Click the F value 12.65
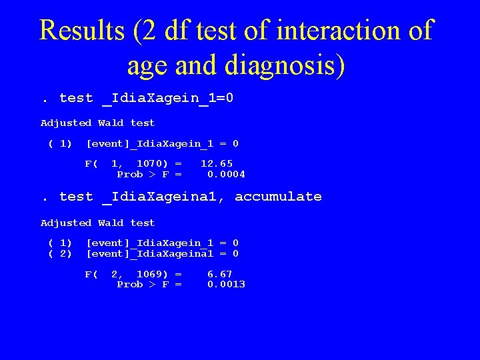[x=217, y=163]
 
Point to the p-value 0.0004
[x=226, y=174]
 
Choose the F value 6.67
[x=220, y=273]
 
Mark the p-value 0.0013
[x=226, y=284]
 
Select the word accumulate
[x=278, y=197]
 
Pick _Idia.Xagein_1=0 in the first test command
[x=167, y=99]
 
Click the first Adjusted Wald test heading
[x=97, y=123]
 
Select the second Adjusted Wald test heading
[x=97, y=223]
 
